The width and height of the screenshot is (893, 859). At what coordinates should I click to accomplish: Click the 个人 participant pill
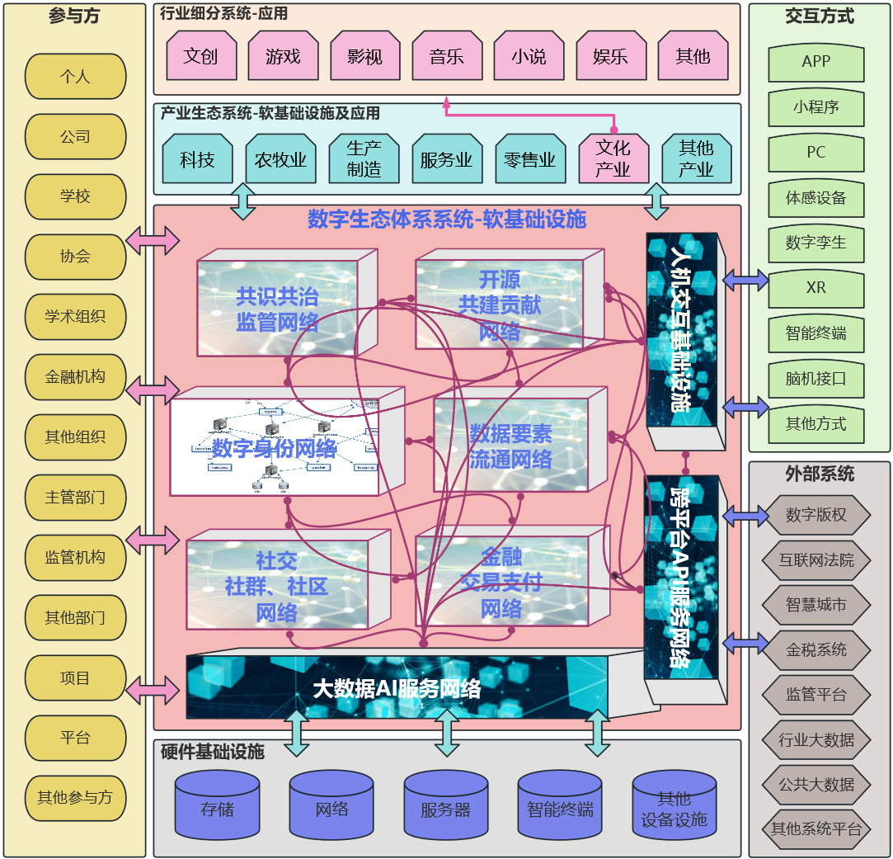click(x=75, y=77)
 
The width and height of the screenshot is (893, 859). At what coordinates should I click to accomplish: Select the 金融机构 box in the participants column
click(x=75, y=377)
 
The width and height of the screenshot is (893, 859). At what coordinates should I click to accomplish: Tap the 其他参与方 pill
click(x=75, y=798)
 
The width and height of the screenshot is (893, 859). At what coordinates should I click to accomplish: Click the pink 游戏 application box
click(x=283, y=56)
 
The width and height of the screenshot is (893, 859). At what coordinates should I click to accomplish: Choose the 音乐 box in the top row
click(x=446, y=56)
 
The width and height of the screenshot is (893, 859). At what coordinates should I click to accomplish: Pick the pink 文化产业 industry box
click(x=613, y=158)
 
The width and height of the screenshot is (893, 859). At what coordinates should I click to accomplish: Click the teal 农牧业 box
click(x=280, y=159)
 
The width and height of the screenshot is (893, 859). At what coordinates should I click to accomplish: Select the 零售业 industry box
click(x=529, y=159)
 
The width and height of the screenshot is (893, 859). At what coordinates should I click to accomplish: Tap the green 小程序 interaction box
click(x=816, y=107)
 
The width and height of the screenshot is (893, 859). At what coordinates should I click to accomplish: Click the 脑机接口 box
click(x=816, y=380)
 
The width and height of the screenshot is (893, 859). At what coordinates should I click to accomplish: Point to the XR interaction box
click(x=816, y=288)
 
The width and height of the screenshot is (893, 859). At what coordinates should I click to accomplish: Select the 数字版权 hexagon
click(x=816, y=516)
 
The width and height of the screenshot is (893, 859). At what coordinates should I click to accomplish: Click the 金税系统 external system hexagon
click(x=816, y=649)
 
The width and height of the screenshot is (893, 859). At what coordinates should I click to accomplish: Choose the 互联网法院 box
click(x=816, y=560)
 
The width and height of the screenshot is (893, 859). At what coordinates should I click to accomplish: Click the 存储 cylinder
click(x=217, y=808)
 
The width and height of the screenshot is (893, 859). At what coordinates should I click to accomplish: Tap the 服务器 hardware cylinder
click(x=445, y=808)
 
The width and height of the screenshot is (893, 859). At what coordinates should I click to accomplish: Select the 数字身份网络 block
click(x=275, y=447)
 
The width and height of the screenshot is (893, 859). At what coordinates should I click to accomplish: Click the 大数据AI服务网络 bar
click(x=397, y=687)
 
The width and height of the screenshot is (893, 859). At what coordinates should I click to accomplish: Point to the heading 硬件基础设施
click(x=213, y=752)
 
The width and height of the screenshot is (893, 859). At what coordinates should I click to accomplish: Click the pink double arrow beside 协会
click(x=153, y=240)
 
